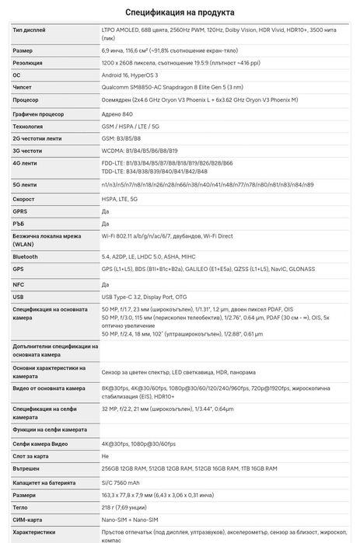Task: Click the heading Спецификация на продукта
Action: [x=180, y=12]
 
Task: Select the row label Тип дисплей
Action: [x=29, y=30]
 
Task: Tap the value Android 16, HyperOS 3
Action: [x=136, y=75]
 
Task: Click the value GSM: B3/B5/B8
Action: [x=124, y=137]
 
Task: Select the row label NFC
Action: [x=19, y=284]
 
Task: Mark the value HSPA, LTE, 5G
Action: [x=123, y=198]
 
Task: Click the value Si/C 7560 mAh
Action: [x=125, y=481]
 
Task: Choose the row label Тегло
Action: [x=21, y=506]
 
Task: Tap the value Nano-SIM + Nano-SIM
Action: [x=130, y=518]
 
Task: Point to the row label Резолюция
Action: [x=29, y=62]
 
